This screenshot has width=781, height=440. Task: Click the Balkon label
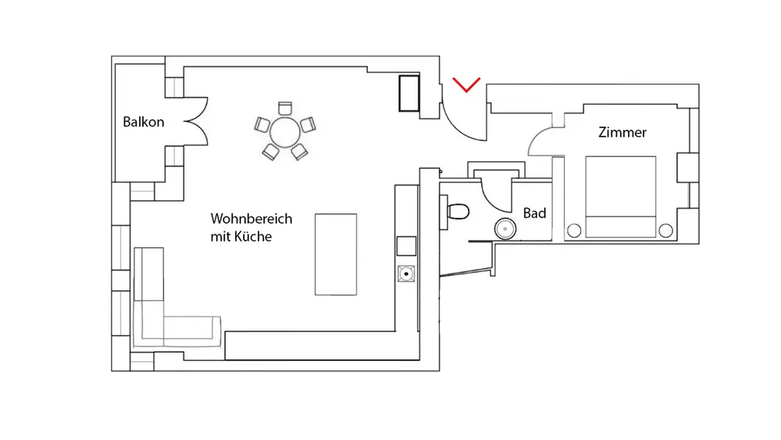(x=144, y=122)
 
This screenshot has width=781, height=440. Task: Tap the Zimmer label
(x=622, y=132)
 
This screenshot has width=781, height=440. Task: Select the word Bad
(x=534, y=213)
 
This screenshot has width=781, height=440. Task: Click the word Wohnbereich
(x=251, y=219)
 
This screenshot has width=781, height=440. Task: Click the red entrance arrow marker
(x=466, y=85)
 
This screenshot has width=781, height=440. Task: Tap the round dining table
(x=285, y=131)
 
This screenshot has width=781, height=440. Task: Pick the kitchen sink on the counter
(x=407, y=274)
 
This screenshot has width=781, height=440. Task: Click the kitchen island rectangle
(x=336, y=254)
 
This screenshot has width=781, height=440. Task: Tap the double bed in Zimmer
(x=621, y=196)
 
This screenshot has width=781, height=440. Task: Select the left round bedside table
(x=574, y=231)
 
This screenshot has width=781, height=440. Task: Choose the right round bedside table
(x=665, y=230)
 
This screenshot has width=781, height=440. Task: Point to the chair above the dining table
(x=284, y=108)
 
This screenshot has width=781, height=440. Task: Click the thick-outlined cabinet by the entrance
(x=408, y=93)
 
